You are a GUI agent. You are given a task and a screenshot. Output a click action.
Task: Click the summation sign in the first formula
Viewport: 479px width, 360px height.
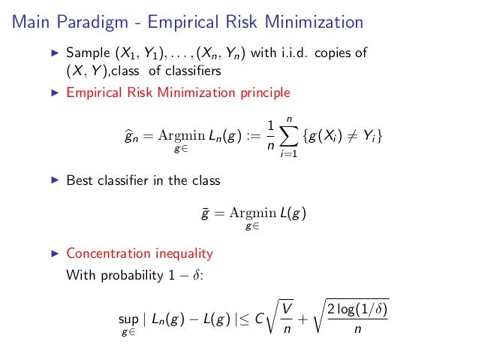click(x=285, y=136)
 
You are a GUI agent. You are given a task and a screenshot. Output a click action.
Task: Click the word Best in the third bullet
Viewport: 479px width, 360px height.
click(x=79, y=181)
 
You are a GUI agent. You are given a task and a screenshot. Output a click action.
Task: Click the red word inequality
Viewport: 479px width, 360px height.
click(x=185, y=253)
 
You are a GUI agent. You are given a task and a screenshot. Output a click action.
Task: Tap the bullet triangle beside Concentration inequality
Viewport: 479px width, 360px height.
click(x=53, y=253)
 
